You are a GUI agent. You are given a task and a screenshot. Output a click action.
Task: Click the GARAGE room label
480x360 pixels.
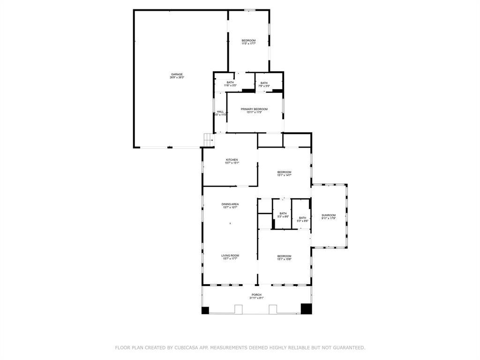177,74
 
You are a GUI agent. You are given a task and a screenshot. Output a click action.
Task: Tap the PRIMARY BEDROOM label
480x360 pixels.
254,109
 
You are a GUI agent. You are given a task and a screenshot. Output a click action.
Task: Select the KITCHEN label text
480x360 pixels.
232,159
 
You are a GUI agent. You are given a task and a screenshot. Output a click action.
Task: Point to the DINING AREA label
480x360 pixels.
230,204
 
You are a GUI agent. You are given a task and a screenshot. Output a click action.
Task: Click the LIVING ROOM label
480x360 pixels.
230,255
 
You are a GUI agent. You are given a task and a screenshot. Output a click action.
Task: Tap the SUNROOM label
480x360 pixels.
329,215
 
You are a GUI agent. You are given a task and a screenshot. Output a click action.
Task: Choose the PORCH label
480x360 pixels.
256,294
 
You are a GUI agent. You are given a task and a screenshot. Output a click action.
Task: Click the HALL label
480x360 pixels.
220,112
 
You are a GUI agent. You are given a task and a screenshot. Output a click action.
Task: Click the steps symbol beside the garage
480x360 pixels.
208,140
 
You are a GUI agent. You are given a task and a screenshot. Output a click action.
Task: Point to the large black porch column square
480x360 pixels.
306,308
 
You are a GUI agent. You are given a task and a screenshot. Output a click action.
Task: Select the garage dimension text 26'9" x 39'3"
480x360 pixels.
177,77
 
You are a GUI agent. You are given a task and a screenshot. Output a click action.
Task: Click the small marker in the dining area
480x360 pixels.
230,224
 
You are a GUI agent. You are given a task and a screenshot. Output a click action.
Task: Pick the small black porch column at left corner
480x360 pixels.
205,310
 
